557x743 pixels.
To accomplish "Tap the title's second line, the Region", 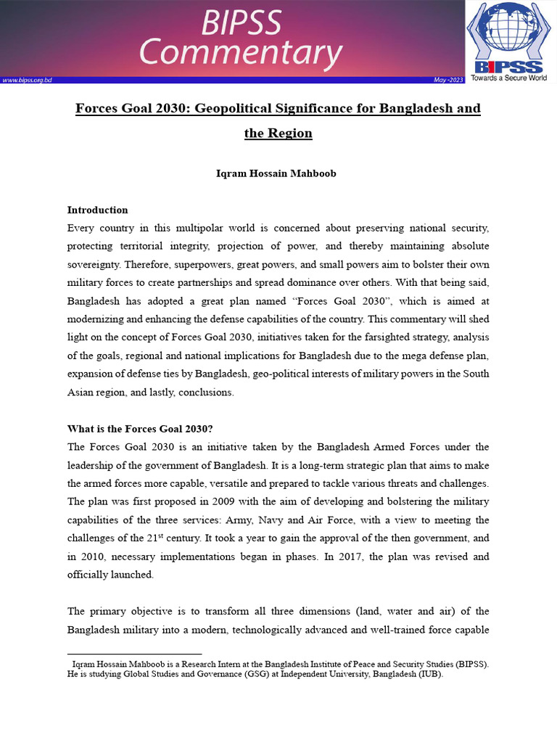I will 278,134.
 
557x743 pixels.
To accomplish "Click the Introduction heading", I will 97,210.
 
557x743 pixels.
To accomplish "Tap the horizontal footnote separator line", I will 134,654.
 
